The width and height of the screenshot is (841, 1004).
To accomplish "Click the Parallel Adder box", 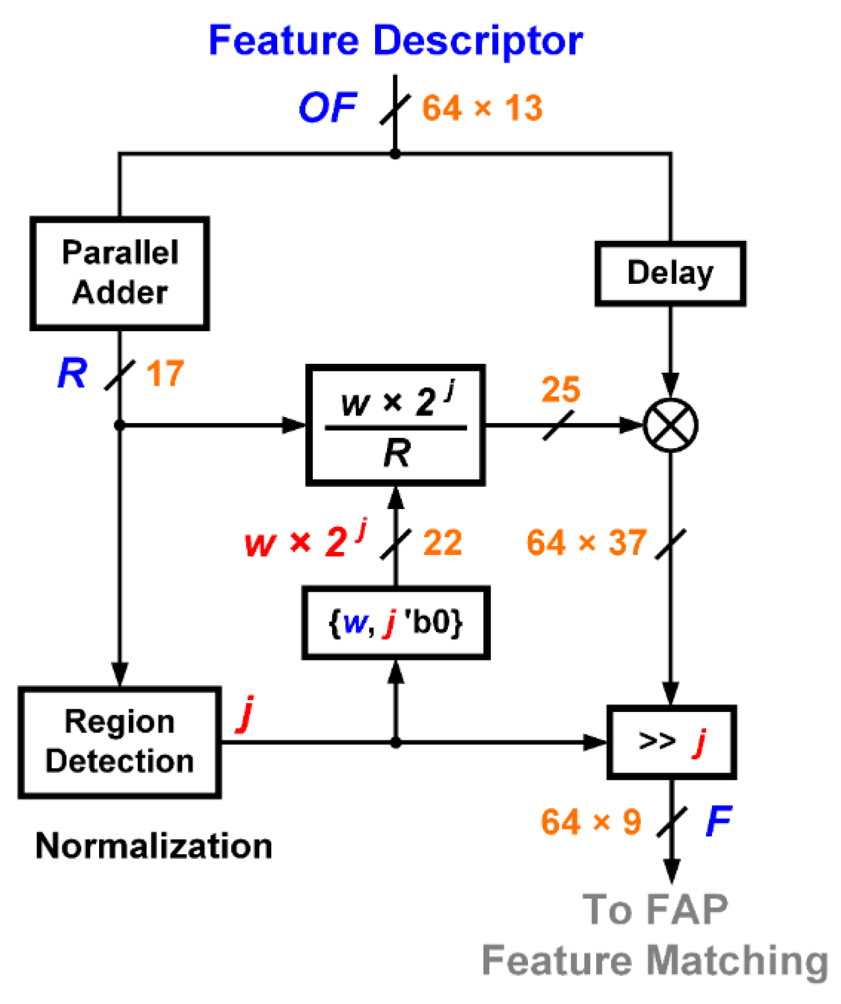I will click(x=120, y=274).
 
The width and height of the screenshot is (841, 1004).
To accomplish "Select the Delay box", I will click(x=670, y=274).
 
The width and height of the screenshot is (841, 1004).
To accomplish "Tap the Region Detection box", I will click(x=120, y=742).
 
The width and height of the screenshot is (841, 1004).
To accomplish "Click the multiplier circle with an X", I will click(x=670, y=425).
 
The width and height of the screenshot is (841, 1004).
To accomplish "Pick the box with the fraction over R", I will click(x=396, y=425).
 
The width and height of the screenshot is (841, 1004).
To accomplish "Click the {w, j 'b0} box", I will click(x=396, y=623).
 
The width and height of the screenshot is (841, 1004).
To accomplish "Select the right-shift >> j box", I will click(x=671, y=742).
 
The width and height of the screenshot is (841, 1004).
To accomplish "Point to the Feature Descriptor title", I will click(x=396, y=41).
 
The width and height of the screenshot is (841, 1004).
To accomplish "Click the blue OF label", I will click(x=328, y=107).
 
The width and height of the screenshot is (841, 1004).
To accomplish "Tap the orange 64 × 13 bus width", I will click(x=482, y=108).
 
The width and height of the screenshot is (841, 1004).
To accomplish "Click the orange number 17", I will click(x=165, y=374).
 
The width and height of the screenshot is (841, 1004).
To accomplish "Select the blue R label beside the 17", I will click(x=72, y=373).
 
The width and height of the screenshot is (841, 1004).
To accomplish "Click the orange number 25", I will click(x=561, y=389).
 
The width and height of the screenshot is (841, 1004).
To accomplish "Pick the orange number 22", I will click(x=443, y=542).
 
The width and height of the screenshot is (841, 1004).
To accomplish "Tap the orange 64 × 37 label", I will click(x=586, y=542).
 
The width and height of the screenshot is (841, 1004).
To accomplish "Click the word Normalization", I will click(x=154, y=846).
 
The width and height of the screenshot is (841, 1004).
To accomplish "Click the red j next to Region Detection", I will click(x=246, y=714).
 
